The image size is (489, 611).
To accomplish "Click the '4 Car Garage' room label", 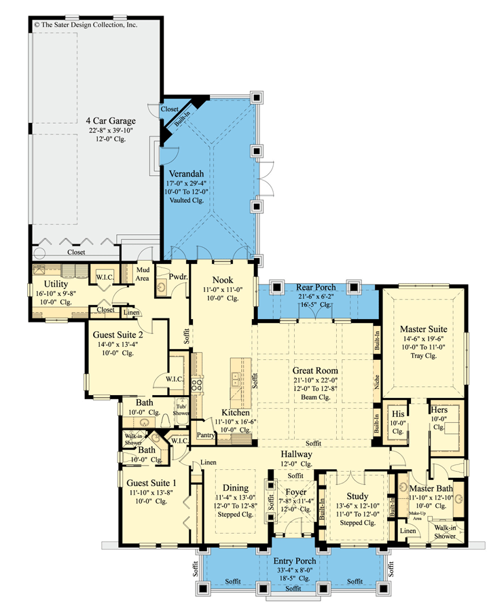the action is [111, 121].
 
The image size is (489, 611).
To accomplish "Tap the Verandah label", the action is [186, 174].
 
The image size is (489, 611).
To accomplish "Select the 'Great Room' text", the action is [315, 371].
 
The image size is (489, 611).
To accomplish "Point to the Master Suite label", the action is [424, 329].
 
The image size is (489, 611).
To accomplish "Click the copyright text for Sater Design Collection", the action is [86, 24].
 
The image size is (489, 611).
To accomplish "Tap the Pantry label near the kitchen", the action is [206, 435].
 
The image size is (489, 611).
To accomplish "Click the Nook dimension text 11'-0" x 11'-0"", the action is [223, 290].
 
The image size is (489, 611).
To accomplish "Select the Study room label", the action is [357, 496].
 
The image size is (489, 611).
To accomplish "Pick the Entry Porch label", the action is [294, 561].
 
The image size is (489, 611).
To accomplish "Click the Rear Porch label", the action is [315, 288].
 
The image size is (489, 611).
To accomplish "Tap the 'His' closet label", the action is [398, 414].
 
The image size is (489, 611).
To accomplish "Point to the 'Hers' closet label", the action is [439, 410].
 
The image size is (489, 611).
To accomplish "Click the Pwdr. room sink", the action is [162, 288].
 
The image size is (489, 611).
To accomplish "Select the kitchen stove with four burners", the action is [196, 386].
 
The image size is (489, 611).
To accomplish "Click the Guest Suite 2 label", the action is [117, 335].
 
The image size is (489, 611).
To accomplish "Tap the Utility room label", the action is [56, 284].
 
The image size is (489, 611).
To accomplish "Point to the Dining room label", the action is [236, 488].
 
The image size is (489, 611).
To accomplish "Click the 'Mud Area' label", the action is [143, 274].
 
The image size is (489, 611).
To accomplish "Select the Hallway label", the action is [296, 454].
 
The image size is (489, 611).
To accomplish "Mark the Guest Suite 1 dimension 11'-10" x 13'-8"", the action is [151, 493].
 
